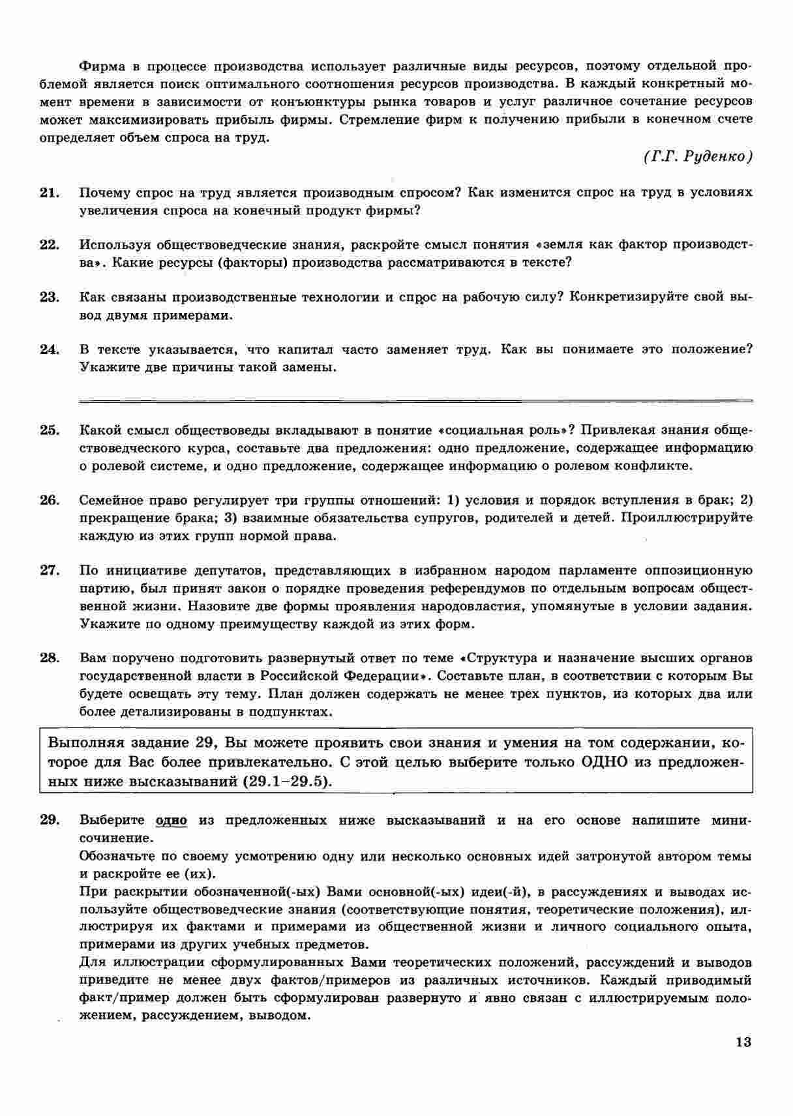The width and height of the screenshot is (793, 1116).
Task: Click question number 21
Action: (x=50, y=193)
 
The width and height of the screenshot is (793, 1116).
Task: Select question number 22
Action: (x=50, y=245)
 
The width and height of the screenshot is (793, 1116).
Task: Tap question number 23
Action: (x=50, y=297)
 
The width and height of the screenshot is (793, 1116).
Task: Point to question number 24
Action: (x=50, y=349)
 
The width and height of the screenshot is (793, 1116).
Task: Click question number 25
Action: (x=50, y=430)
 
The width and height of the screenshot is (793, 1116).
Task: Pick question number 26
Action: (x=50, y=501)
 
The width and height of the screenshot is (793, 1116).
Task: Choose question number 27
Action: (x=50, y=571)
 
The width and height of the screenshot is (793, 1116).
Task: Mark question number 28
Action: (x=50, y=658)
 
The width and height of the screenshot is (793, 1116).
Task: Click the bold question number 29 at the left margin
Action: (x=50, y=820)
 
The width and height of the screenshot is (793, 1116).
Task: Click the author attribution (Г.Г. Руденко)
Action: (x=697, y=157)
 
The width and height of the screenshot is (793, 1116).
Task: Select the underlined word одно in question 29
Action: (x=172, y=820)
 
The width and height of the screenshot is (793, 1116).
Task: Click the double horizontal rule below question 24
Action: (x=415, y=400)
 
